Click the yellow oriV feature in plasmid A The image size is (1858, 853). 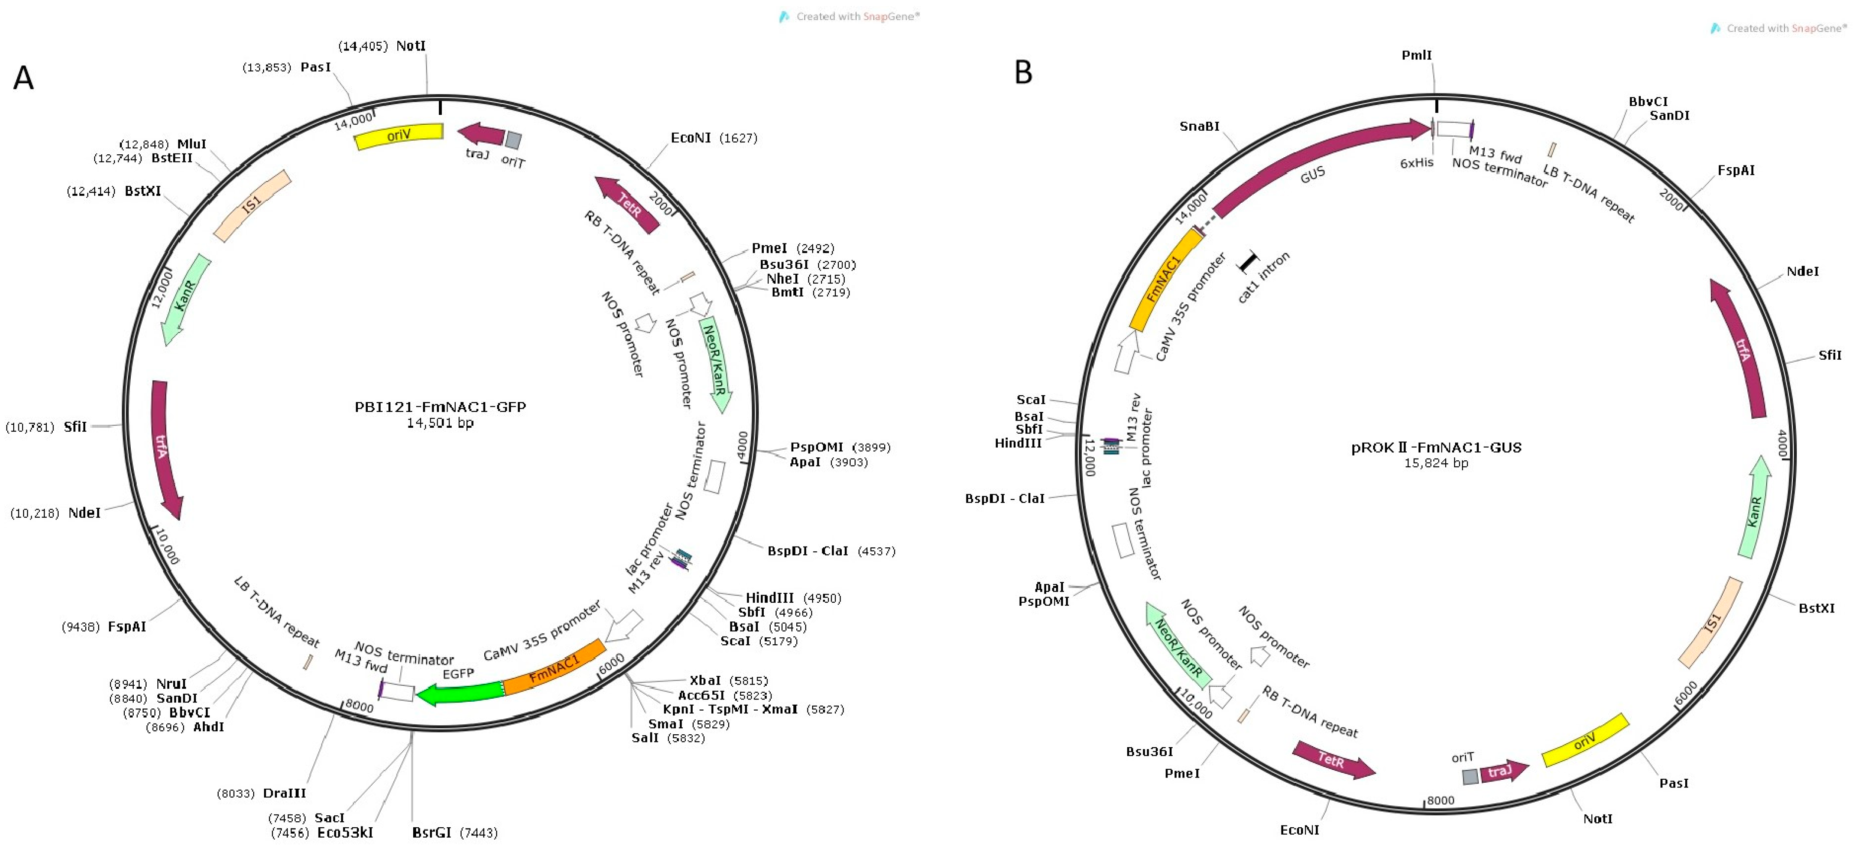[399, 135]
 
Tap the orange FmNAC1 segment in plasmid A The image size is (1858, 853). [554, 668]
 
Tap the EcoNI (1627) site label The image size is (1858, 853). [713, 138]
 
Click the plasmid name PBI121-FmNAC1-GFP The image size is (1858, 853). [440, 407]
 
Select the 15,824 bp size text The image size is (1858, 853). [1435, 463]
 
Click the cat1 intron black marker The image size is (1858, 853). [1248, 262]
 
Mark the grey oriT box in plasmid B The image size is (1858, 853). [1470, 777]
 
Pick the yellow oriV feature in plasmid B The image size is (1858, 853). [1585, 741]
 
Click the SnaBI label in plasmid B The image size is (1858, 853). [1199, 126]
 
